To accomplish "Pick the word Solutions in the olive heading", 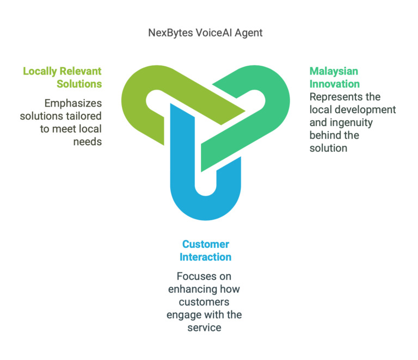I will point(79,84).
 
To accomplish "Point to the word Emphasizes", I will point(72,103).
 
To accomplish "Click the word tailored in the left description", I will point(84,116).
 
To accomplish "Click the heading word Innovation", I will point(335,84).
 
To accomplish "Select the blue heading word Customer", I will point(206,244).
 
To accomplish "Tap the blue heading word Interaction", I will point(206,257).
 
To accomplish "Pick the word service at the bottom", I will point(204,328).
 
